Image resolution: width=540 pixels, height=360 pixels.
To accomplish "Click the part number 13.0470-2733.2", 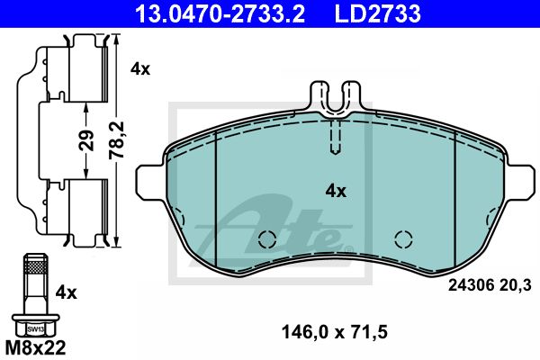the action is [x=220, y=13].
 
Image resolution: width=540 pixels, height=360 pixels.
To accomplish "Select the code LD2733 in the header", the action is [x=378, y=13].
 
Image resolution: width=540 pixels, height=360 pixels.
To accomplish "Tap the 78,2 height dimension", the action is [x=117, y=139].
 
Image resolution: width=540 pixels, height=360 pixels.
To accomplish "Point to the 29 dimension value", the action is [x=86, y=140].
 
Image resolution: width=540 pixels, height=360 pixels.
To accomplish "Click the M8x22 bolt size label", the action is [x=35, y=347].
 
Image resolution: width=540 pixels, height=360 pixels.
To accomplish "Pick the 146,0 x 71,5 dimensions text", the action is [x=335, y=332].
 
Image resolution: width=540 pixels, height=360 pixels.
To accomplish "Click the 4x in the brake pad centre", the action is [x=336, y=191].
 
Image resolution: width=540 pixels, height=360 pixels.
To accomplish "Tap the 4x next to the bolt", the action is [x=67, y=292].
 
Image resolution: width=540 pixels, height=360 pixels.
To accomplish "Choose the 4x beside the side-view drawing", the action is [x=140, y=69].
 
